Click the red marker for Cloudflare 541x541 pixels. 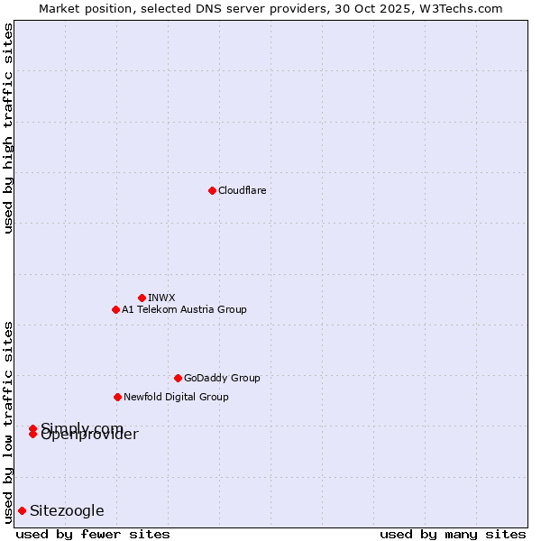click(212, 190)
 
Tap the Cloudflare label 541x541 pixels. click(243, 190)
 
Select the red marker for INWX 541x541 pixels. click(142, 298)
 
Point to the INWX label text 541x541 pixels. click(162, 298)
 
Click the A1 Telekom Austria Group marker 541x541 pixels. click(115, 309)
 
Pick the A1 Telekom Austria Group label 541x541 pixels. click(184, 309)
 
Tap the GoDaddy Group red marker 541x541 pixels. click(178, 378)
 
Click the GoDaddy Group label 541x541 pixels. click(222, 378)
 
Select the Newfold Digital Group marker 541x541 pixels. click(117, 397)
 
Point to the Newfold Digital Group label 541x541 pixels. click(176, 397)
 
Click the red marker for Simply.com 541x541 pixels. click(32, 428)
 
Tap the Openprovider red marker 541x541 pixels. click(32, 435)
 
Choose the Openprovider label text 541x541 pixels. click(90, 436)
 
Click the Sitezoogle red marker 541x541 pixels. click(22, 510)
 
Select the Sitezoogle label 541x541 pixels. click(67, 510)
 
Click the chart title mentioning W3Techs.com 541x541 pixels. click(270, 8)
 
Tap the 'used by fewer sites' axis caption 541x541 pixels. click(93, 534)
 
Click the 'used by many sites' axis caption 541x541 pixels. click(453, 534)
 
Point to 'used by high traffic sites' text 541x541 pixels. click(8, 128)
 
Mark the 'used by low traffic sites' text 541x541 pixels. click(8, 422)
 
